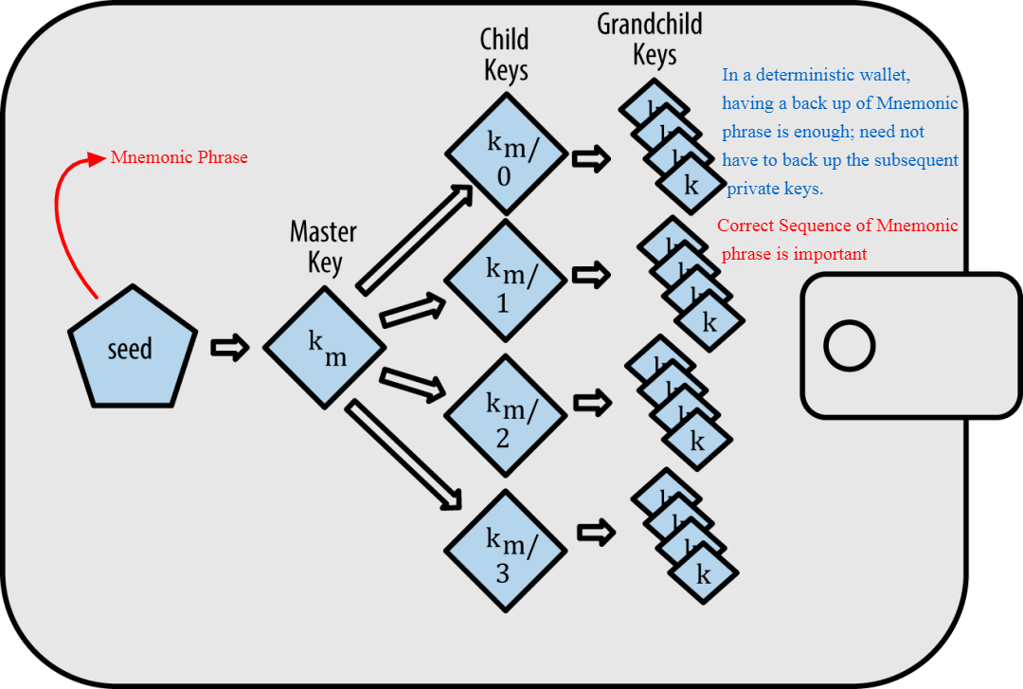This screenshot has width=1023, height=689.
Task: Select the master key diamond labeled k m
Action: (x=325, y=348)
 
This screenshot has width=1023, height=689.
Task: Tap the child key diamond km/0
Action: (x=507, y=156)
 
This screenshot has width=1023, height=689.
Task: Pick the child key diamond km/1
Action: (x=507, y=281)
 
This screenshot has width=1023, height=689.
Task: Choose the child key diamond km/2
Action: (x=507, y=416)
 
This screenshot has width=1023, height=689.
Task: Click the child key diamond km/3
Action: (x=507, y=551)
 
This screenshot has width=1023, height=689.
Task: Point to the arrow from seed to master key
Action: (x=229, y=348)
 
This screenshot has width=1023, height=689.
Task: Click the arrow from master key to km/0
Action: (x=414, y=238)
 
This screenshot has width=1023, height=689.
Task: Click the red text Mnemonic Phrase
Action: (x=179, y=157)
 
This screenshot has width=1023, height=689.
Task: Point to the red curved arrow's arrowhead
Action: (x=95, y=158)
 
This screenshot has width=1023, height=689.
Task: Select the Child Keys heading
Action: (x=505, y=55)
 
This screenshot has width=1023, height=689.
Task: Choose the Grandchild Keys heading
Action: (x=651, y=40)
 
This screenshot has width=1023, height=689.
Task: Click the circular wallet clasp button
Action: (x=849, y=346)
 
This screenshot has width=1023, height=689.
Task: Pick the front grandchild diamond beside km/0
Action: (x=691, y=185)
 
